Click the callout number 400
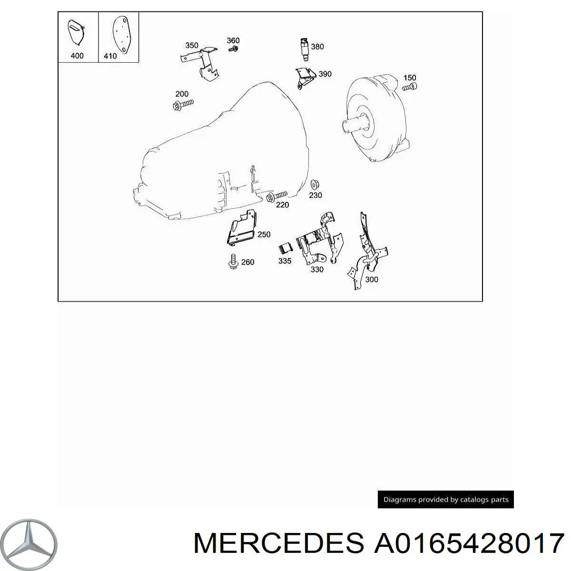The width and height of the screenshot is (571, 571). tap(77, 55)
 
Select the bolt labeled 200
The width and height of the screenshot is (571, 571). tap(183, 105)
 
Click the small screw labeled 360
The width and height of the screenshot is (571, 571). tap(233, 49)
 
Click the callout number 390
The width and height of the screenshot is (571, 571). tap(325, 74)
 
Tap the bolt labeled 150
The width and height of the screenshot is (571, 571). tap(410, 87)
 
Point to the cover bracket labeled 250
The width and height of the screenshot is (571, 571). tap(241, 227)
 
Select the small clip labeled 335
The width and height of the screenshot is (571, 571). tap(285, 247)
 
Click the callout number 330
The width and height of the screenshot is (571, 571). tap(317, 269)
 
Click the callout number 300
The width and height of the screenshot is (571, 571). tap(371, 279)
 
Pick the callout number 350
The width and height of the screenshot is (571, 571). tap(192, 45)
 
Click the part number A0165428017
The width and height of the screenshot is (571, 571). tap(469, 543)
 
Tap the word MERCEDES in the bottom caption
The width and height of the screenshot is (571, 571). tap(278, 543)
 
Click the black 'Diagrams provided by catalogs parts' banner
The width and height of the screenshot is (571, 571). tap(446, 499)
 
